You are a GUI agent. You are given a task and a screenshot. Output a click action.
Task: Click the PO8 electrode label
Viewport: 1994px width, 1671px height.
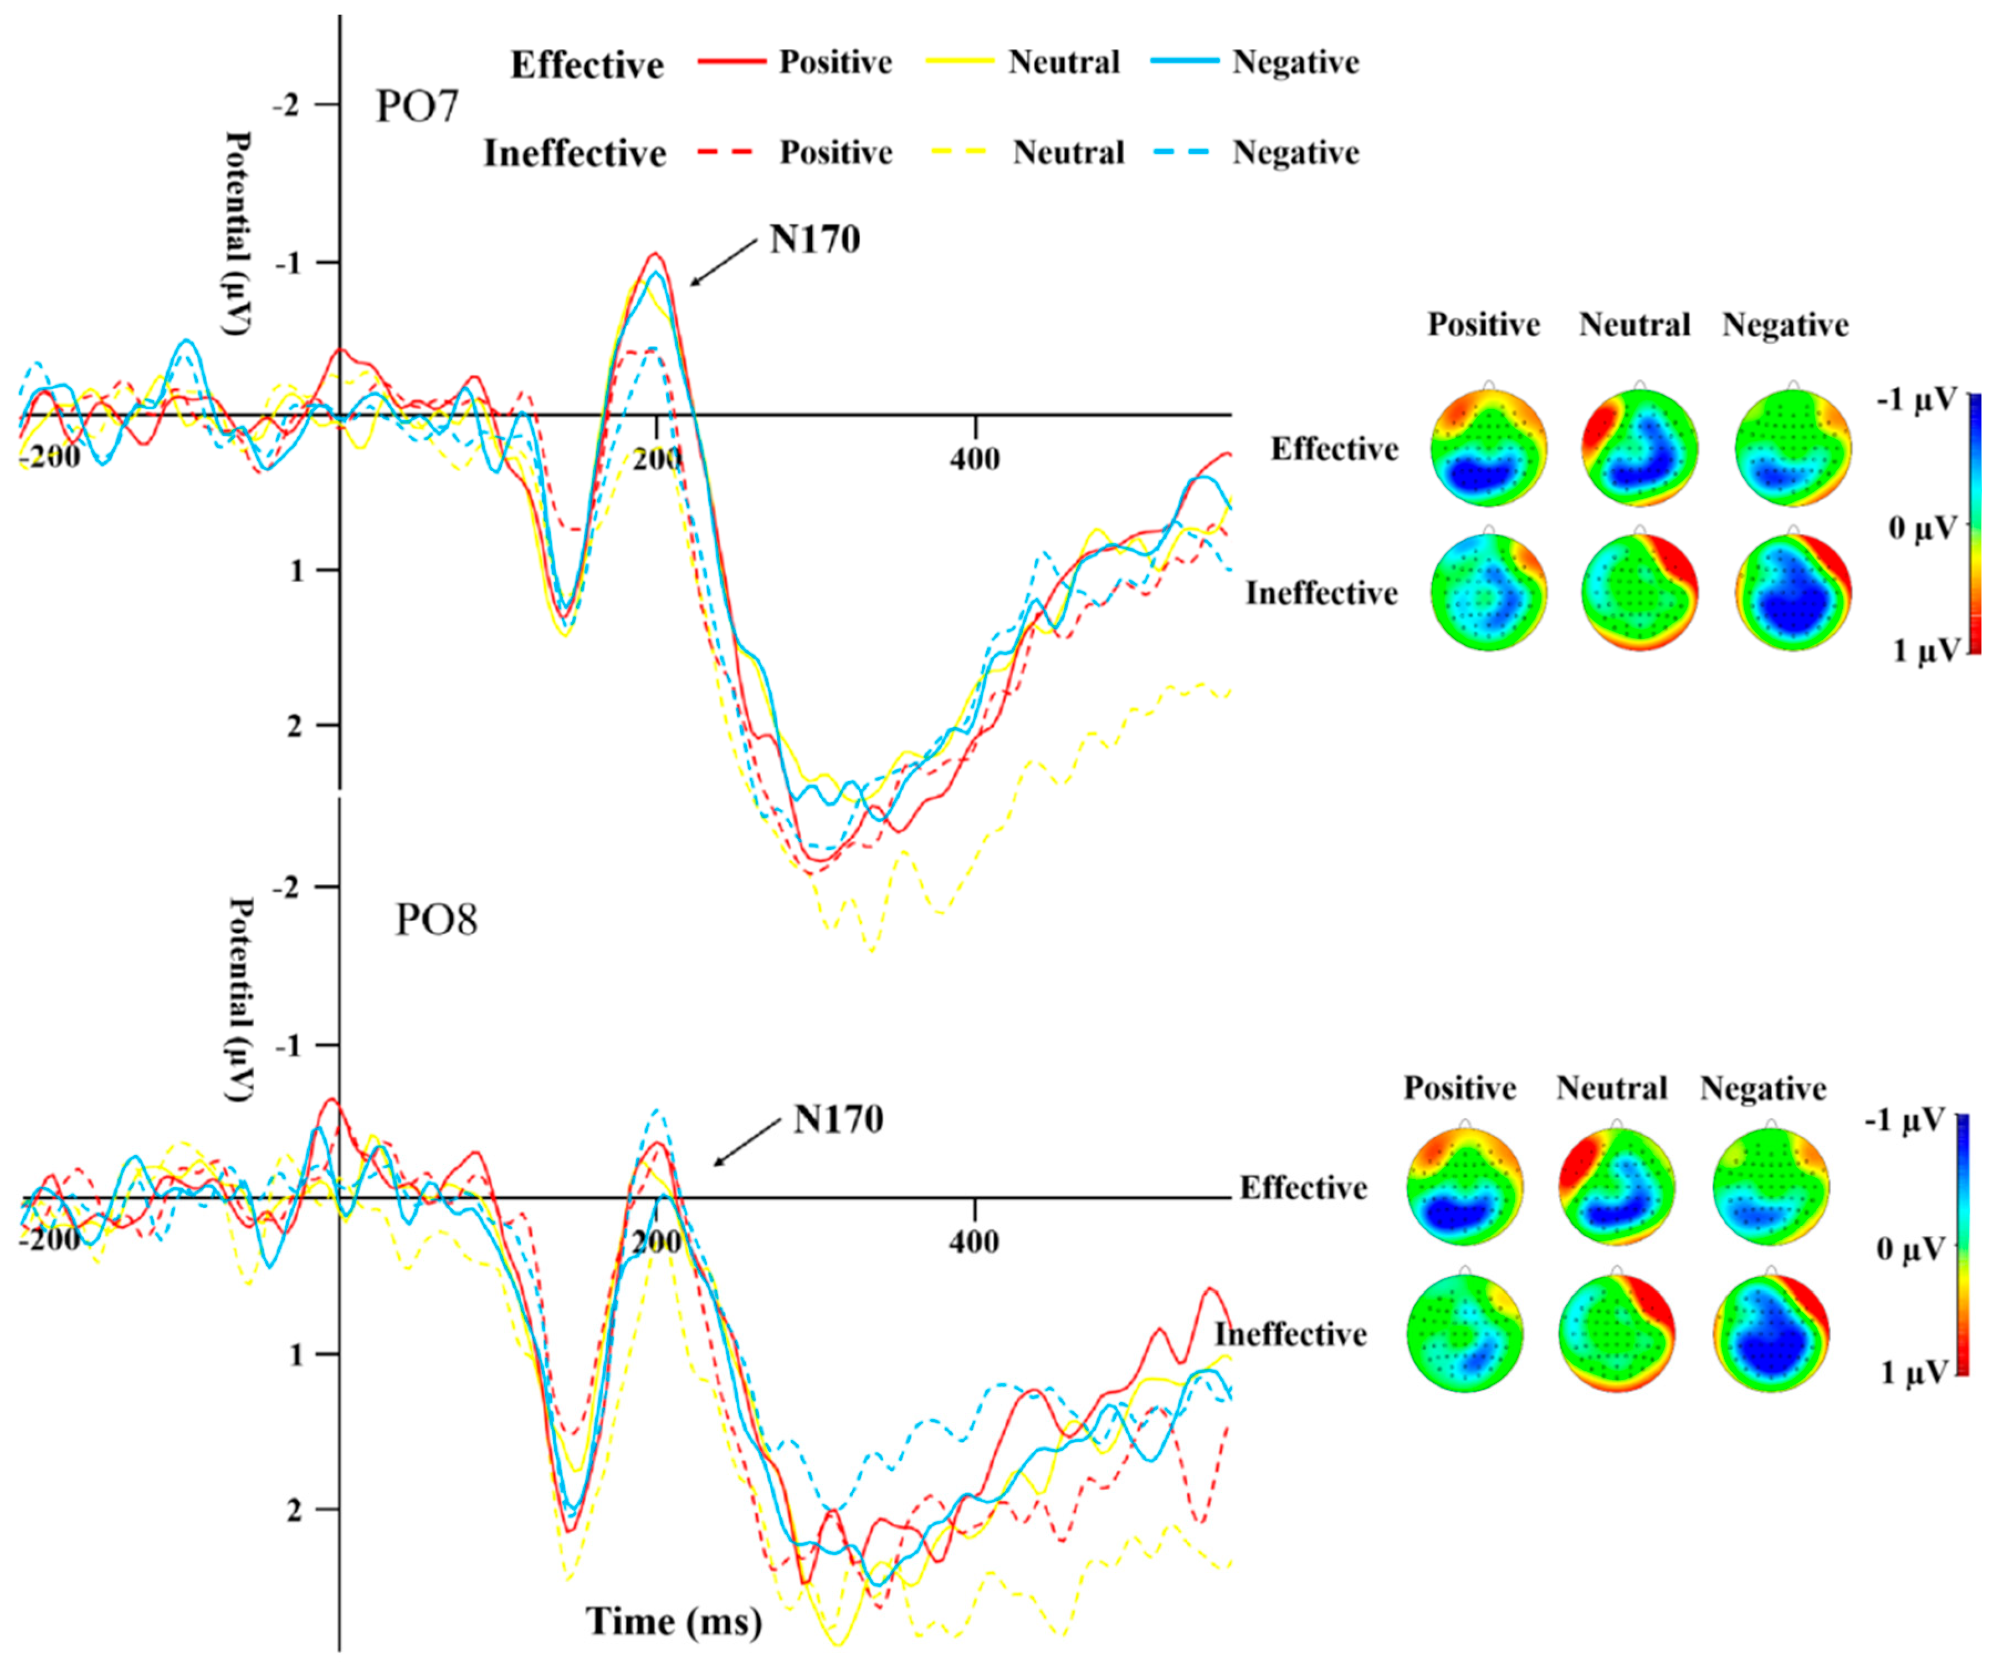click(436, 920)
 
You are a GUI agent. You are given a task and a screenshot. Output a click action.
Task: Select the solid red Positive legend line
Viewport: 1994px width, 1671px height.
click(731, 62)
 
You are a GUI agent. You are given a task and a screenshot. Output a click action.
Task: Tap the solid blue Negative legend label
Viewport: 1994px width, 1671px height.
click(1295, 63)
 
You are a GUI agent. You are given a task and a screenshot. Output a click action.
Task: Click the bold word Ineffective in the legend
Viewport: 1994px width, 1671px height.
click(575, 153)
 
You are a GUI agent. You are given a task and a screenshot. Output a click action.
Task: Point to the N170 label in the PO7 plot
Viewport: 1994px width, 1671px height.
click(814, 240)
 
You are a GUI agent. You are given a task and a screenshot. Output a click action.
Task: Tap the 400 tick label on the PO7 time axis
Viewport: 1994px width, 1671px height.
click(974, 459)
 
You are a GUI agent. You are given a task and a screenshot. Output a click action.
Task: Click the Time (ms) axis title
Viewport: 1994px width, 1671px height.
click(674, 1621)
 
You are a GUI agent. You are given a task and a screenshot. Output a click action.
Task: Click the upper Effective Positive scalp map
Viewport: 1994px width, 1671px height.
click(1489, 446)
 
